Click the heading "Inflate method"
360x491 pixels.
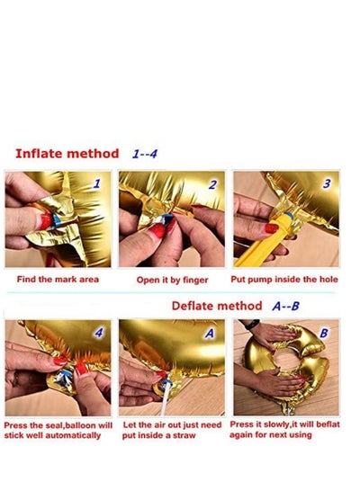67,154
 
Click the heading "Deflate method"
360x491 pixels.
217,306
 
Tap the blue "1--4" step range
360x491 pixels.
144,154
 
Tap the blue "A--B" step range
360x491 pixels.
285,306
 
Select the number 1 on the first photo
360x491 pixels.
97,183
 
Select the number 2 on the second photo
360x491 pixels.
212,184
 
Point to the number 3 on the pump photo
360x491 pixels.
327,183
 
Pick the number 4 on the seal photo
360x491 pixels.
99,332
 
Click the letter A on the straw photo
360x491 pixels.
210,333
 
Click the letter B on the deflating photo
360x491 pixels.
324,333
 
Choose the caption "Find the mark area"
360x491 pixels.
58,280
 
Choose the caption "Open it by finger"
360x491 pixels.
172,280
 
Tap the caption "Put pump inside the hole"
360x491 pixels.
284,280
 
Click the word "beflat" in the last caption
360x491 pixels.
328,424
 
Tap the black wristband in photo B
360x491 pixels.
253,325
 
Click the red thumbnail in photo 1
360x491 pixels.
46,221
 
